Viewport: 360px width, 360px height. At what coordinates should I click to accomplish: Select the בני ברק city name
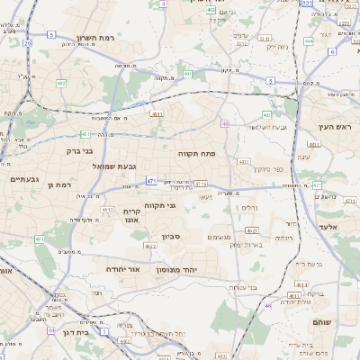coord(80,150)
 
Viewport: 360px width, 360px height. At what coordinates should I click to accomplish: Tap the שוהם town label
coord(322,321)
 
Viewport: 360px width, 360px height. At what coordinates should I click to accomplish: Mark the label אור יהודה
coord(121,268)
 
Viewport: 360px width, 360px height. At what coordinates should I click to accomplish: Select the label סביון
coord(171,238)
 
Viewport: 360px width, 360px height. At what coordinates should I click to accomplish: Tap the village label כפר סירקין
coord(254,168)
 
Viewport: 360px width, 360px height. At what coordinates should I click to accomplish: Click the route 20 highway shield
coord(28,42)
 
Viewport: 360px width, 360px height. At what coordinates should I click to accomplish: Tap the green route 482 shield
coord(60,83)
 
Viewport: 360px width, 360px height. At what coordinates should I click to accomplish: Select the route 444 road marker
coord(309,40)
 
